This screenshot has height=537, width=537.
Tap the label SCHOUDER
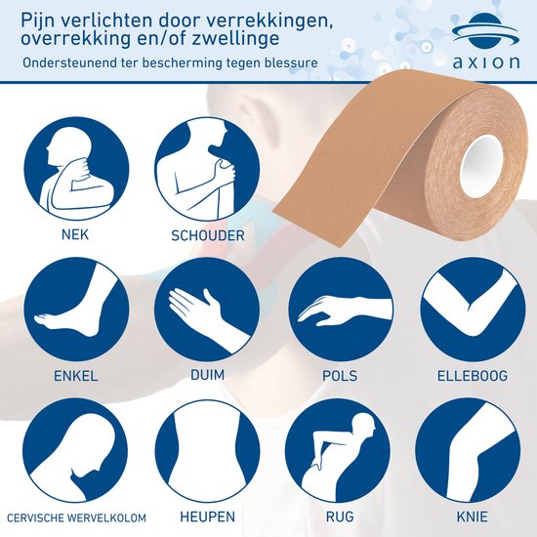pos(207,235)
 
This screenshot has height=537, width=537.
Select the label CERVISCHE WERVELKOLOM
pos(75,516)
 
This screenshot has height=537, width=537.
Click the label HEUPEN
pos(207,516)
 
